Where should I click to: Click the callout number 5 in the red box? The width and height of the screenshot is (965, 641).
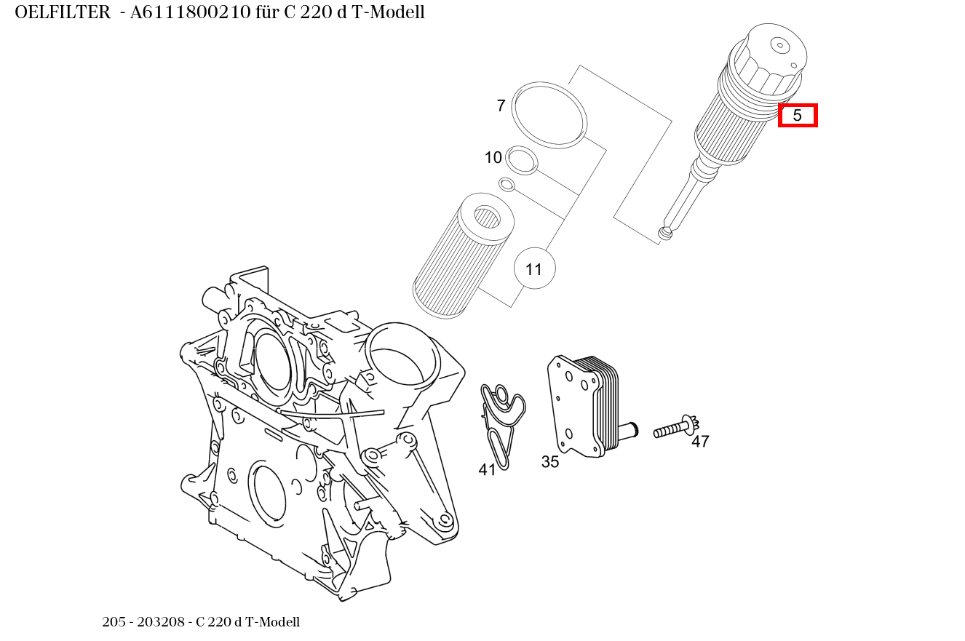click(798, 116)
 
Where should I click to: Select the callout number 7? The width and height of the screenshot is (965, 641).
click(501, 106)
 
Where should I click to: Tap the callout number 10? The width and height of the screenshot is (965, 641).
click(493, 157)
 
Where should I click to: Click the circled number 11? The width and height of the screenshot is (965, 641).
click(534, 269)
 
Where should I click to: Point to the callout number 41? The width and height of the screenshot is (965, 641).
click(487, 470)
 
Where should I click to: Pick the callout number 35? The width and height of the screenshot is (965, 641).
click(550, 462)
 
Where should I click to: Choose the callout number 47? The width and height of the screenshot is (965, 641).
click(700, 442)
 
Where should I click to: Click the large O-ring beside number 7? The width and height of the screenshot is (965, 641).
click(549, 115)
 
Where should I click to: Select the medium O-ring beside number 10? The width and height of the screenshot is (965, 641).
click(522, 160)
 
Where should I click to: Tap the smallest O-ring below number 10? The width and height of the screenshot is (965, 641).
click(507, 184)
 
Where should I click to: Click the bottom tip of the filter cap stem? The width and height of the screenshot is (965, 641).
click(664, 233)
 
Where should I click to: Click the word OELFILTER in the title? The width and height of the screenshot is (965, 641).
click(63, 12)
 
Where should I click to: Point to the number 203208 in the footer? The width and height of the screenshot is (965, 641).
click(166, 622)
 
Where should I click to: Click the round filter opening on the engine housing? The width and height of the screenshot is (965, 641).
click(402, 359)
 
